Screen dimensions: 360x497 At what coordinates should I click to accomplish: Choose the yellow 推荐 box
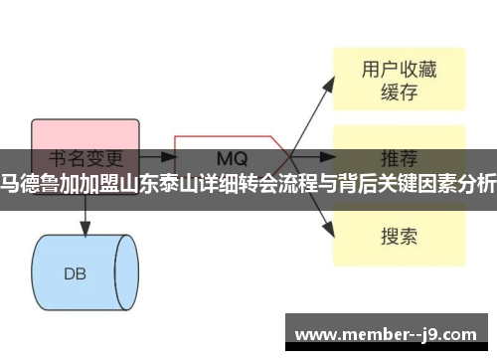398,157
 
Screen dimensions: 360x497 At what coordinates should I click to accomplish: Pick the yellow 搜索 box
398,236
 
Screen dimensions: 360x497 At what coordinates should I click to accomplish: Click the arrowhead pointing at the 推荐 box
331,157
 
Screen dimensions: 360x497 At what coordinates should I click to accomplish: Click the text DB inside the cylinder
75,246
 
